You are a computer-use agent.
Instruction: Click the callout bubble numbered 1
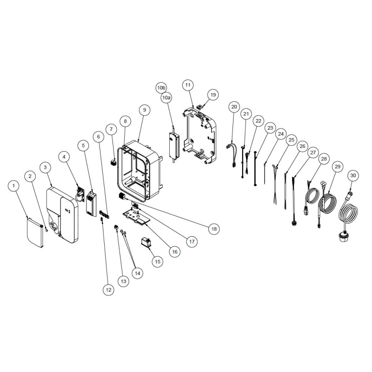pyautogui.click(x=13, y=186)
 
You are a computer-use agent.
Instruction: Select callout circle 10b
pyautogui.click(x=161, y=88)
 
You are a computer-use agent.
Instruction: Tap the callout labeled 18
pyautogui.click(x=214, y=229)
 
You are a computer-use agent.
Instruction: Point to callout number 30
pyautogui.click(x=353, y=175)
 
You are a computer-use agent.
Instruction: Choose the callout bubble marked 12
pyautogui.click(x=108, y=290)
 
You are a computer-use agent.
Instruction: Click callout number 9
pyautogui.click(x=145, y=110)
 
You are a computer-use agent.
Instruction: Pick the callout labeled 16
pyautogui.click(x=175, y=252)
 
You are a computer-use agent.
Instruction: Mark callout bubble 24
pyautogui.click(x=281, y=134)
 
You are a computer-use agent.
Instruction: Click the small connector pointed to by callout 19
pyautogui.click(x=200, y=106)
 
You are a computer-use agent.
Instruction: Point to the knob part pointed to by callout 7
pyautogui.click(x=113, y=162)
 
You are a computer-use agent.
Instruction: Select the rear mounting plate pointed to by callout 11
pyautogui.click(x=199, y=135)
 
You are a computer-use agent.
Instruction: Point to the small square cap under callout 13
pyautogui.click(x=116, y=227)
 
